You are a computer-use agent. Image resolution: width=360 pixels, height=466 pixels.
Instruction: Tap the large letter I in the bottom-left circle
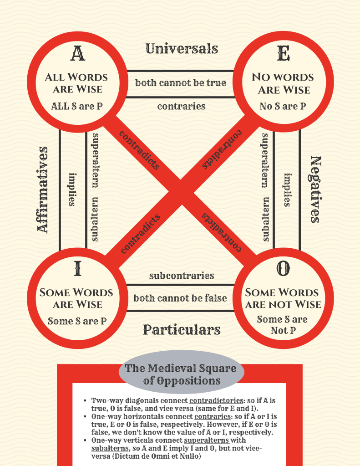pyautogui.click(x=77, y=269)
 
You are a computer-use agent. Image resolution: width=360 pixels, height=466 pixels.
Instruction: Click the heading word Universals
pyautogui.click(x=182, y=49)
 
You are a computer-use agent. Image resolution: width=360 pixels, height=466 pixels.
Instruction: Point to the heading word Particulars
pyautogui.click(x=182, y=329)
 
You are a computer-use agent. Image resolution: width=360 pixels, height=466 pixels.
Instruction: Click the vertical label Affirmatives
pyautogui.click(x=43, y=189)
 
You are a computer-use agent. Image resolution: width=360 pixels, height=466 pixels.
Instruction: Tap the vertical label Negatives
pyautogui.click(x=315, y=189)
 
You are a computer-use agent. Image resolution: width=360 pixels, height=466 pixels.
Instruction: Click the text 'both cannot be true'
pyautogui.click(x=181, y=83)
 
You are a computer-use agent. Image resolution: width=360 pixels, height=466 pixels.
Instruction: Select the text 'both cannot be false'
pyautogui.click(x=180, y=298)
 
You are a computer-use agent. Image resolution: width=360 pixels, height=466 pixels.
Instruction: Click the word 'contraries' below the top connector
pyautogui.click(x=181, y=107)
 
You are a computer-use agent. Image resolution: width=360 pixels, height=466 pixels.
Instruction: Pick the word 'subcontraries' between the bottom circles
pyautogui.click(x=181, y=276)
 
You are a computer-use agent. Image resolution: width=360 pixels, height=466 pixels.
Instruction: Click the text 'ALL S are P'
pyautogui.click(x=76, y=107)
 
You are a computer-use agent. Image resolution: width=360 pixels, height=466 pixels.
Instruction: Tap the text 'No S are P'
pyautogui.click(x=283, y=107)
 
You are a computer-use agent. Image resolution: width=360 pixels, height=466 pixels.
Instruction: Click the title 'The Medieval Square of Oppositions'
pyautogui.click(x=181, y=374)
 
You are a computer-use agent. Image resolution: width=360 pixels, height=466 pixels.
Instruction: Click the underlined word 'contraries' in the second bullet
pyautogui.click(x=210, y=417)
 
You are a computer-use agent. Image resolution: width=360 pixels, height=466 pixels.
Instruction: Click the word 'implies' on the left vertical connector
pyautogui.click(x=72, y=189)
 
